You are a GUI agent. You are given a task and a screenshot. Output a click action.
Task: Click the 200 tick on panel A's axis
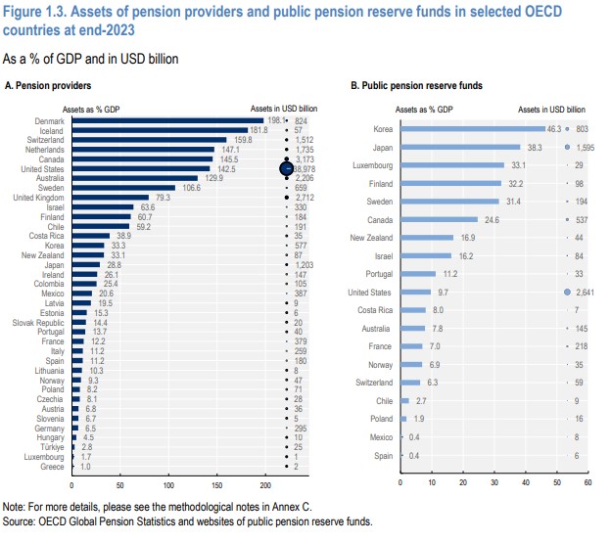[264, 484]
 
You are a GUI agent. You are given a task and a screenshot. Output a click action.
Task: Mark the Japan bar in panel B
[459, 147]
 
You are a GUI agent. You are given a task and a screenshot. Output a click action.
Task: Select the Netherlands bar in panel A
[142, 150]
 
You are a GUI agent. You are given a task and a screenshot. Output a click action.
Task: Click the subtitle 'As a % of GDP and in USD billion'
[90, 59]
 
